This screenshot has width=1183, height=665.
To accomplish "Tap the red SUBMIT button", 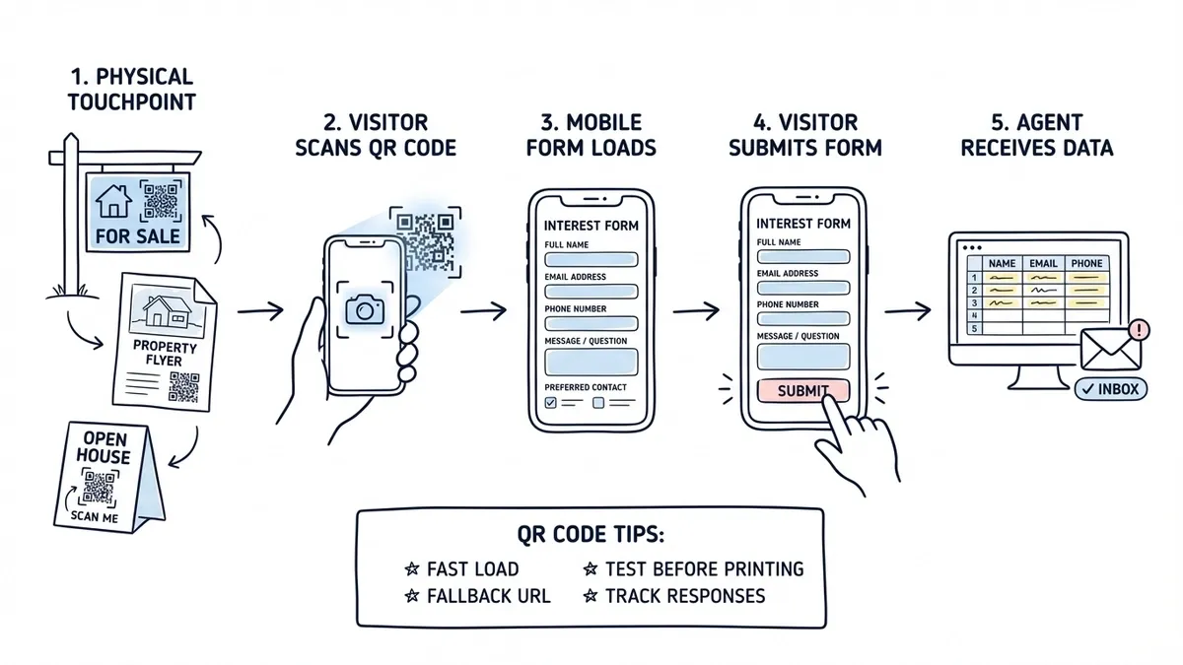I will tap(802, 390).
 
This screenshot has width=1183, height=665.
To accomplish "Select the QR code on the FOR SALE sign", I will tap(161, 201).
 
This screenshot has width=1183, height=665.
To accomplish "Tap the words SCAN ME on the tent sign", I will tap(97, 515).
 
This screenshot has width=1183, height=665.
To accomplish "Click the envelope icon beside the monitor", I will tap(1109, 350).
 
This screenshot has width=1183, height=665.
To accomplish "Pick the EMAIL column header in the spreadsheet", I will tap(1043, 263).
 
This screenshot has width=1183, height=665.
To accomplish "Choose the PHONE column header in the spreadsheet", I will tap(1086, 263).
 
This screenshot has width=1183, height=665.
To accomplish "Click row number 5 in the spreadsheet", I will tap(974, 329).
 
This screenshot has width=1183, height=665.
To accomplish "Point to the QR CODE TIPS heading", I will tap(591, 535).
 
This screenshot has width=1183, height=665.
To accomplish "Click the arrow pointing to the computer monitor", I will tap(907, 311).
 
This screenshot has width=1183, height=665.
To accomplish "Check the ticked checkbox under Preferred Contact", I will tap(551, 403).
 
